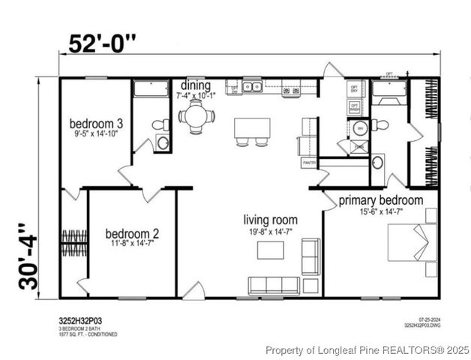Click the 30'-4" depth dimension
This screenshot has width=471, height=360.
[x=28, y=256]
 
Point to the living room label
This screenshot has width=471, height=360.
[x=270, y=220]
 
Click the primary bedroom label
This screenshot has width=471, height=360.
[x=380, y=200]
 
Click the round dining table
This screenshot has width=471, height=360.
[x=196, y=116]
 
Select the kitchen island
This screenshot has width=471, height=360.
[x=252, y=127]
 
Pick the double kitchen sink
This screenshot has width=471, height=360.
[x=253, y=87]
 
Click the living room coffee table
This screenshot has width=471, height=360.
[x=271, y=250]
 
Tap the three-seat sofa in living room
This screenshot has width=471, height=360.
[x=274, y=285]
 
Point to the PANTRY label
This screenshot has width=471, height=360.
[x=308, y=162]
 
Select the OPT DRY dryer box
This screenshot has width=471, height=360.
[x=355, y=88]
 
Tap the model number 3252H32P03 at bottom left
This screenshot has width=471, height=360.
[x=80, y=321]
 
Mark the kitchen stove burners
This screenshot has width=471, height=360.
[x=289, y=91]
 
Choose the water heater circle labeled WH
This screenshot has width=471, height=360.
[x=359, y=127]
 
